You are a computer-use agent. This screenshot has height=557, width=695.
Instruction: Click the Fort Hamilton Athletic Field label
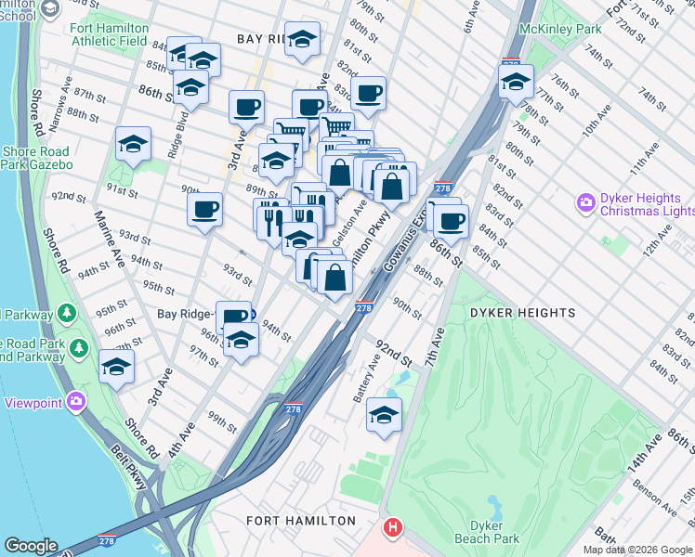(108, 34)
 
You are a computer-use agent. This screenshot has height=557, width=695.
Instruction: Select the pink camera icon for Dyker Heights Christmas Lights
(585, 201)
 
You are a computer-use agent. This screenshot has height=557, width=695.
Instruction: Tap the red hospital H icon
(394, 528)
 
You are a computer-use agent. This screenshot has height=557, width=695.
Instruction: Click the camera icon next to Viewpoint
(75, 402)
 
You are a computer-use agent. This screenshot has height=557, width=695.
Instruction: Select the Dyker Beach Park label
(487, 531)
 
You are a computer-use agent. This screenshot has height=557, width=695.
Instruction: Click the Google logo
(31, 546)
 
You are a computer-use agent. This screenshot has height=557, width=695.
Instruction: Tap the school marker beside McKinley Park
(516, 81)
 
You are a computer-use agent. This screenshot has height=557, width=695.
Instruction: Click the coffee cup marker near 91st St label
(204, 208)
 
